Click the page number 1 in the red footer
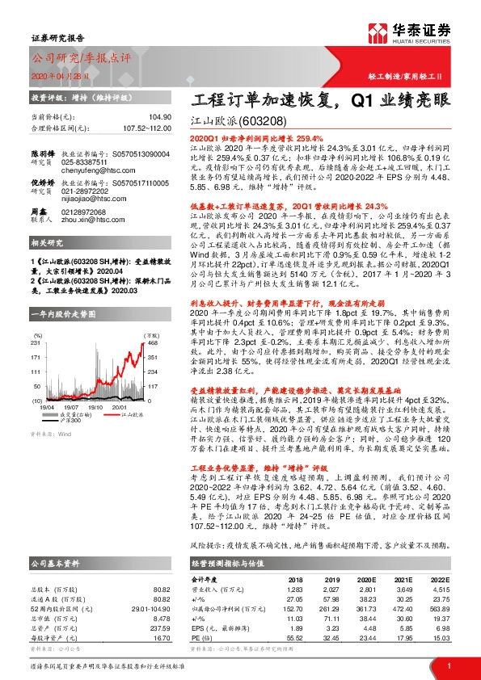(448, 665)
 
